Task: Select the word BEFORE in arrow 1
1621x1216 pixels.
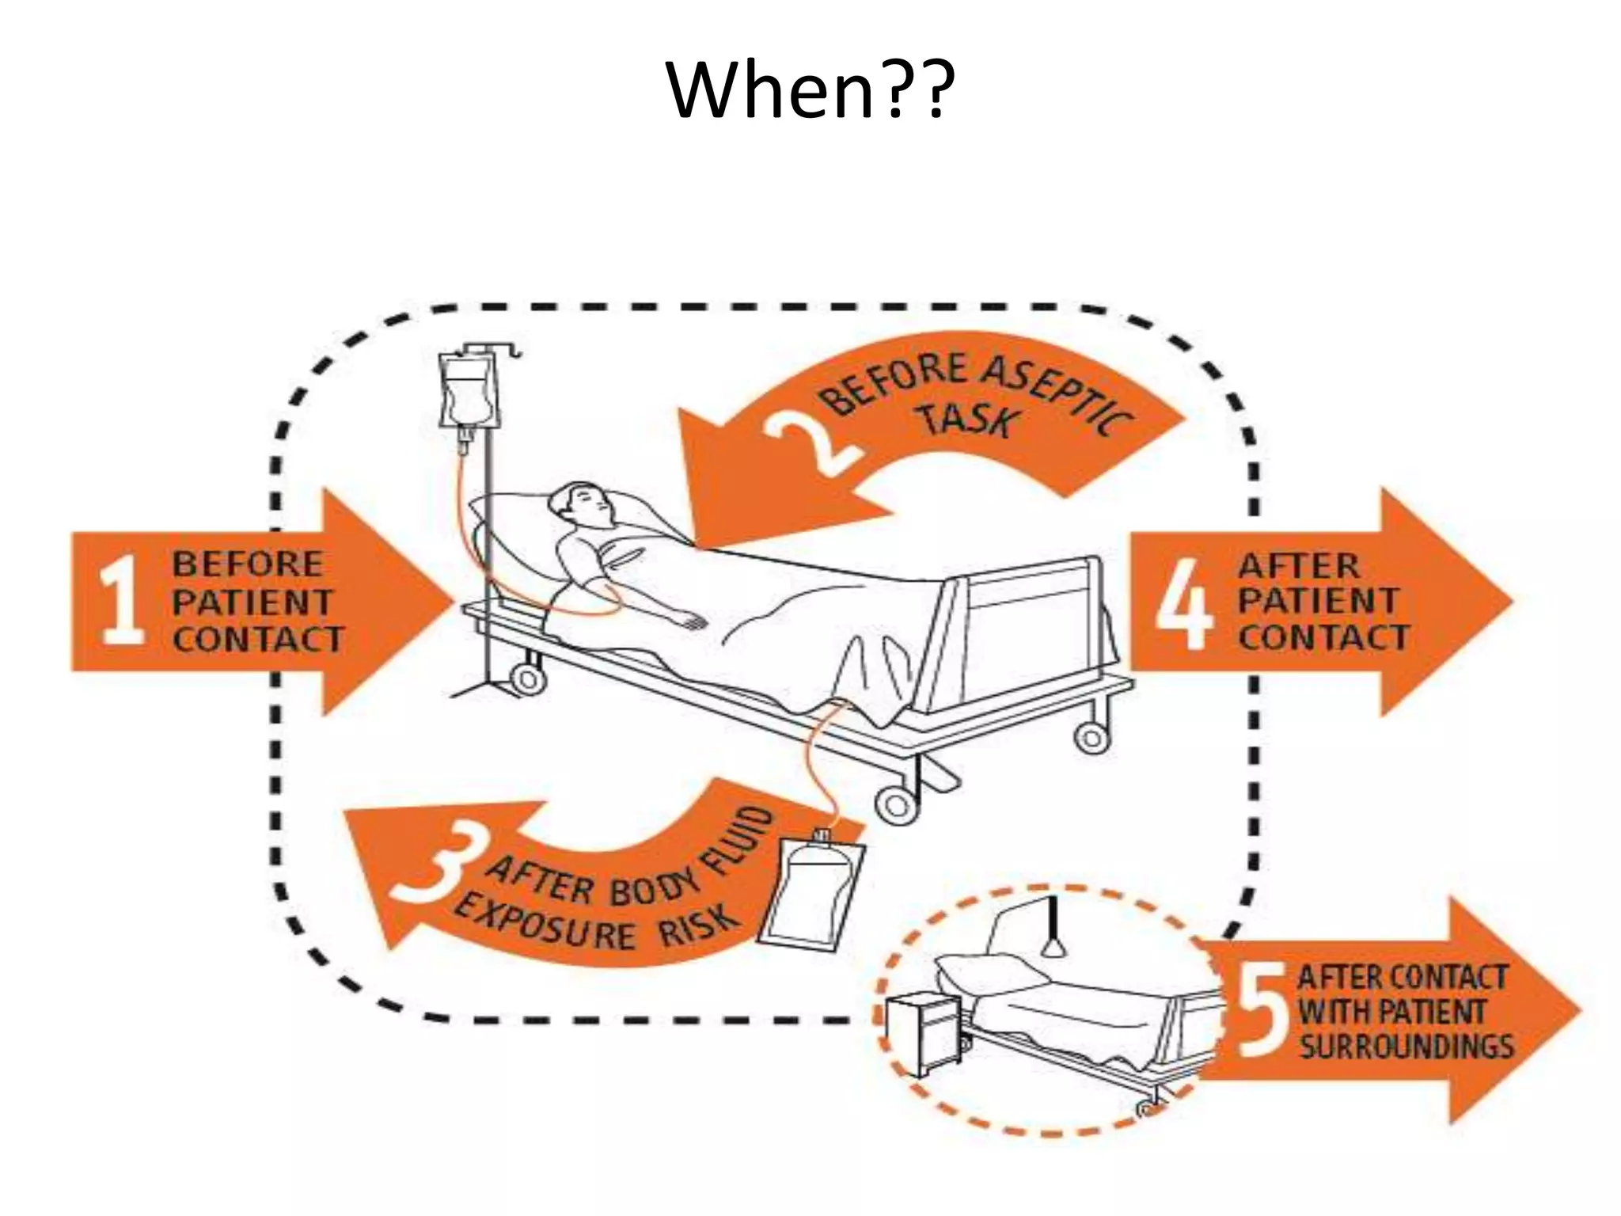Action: (x=248, y=564)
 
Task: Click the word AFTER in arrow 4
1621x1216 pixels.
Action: (x=1298, y=566)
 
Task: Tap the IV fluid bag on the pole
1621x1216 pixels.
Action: (x=467, y=392)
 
